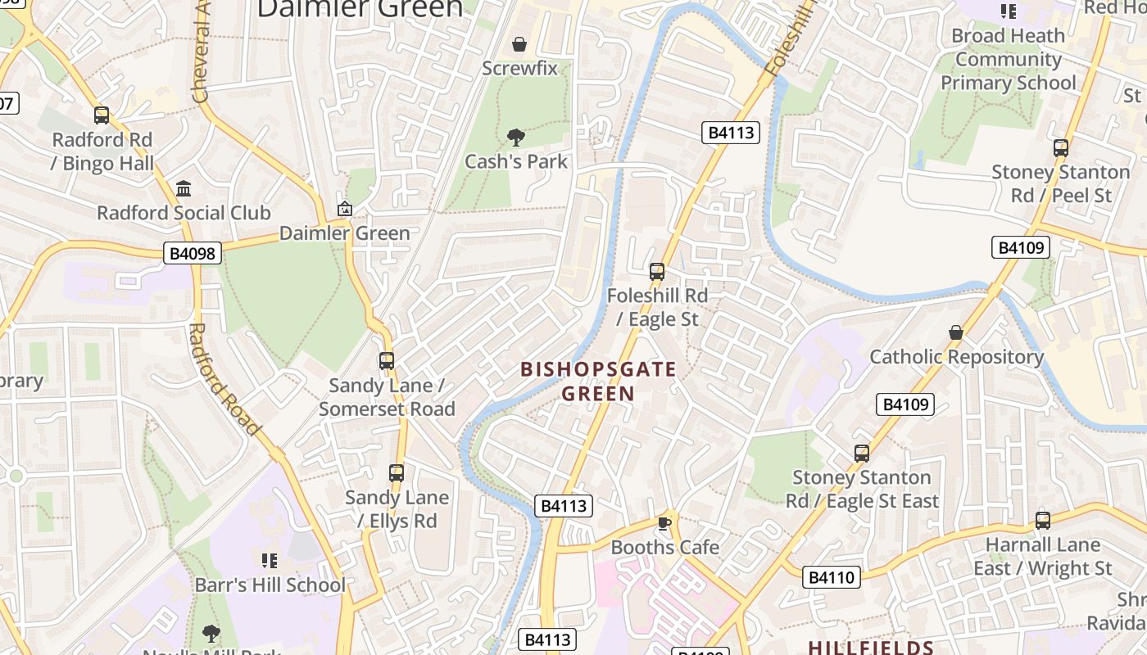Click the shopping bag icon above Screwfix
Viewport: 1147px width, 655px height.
coord(519,43)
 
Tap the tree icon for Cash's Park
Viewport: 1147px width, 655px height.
coord(515,137)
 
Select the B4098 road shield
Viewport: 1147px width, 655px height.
coord(193,253)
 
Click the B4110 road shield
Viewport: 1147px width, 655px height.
coord(832,577)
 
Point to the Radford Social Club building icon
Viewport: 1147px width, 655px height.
coord(184,188)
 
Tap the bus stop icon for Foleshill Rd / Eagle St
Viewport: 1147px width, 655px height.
coord(657,271)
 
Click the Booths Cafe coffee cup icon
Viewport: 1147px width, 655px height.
coord(664,523)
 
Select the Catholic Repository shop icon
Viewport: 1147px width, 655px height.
coord(955,332)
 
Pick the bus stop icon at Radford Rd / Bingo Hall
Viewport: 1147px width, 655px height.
coord(102,115)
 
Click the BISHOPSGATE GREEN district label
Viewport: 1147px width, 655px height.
coord(599,382)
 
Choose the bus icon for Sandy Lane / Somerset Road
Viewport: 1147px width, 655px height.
coord(386,360)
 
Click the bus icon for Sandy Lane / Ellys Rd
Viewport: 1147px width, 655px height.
coord(397,472)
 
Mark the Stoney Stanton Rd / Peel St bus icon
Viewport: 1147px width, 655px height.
coord(1061,148)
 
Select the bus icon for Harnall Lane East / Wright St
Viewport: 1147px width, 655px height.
coord(1043,520)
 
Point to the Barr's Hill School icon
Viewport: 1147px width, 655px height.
coord(270,561)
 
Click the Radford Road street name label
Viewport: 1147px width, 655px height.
coord(224,379)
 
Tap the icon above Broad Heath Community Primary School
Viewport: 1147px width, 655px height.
coord(1008,11)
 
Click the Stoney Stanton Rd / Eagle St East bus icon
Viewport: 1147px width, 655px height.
coord(861,453)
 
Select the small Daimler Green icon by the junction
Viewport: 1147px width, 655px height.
coord(345,209)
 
